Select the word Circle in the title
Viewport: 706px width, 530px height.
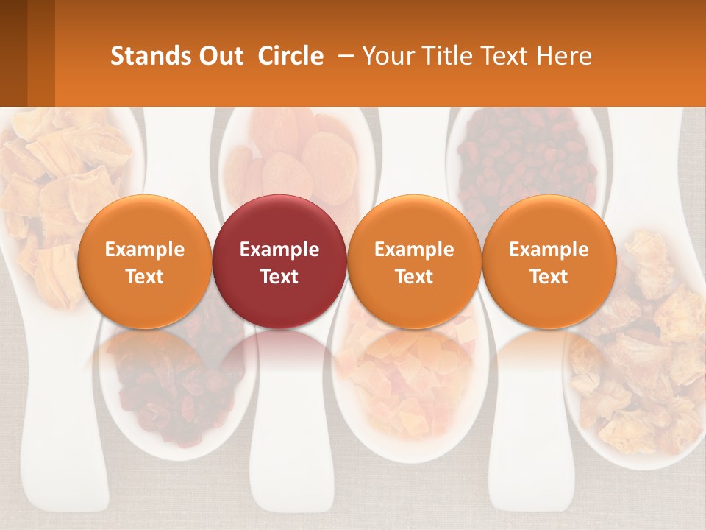(x=290, y=56)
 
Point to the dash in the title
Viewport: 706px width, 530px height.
(x=343, y=56)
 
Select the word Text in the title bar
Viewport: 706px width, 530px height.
(x=507, y=56)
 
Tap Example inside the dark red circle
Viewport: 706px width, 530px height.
(x=279, y=250)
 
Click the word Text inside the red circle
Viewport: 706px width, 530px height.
(x=279, y=277)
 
